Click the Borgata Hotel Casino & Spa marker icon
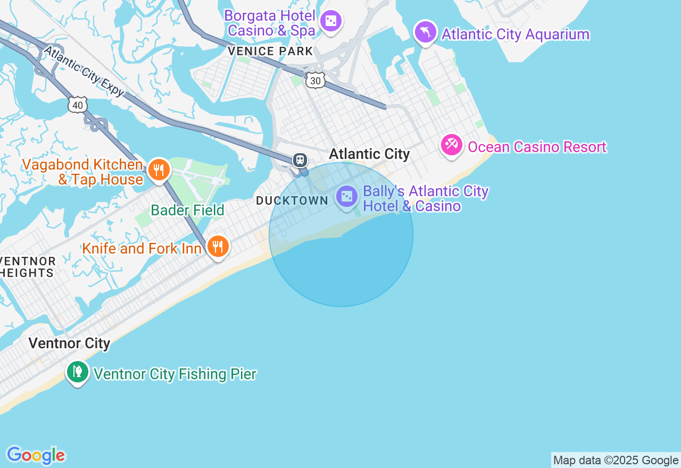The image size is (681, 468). click(331, 21)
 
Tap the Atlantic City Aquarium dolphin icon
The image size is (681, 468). click(425, 31)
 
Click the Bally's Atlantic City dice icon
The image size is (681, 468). click(346, 196)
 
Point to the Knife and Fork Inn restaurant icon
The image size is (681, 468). click(218, 246)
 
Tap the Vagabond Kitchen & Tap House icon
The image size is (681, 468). click(159, 170)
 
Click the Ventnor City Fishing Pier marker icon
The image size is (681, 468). click(77, 371)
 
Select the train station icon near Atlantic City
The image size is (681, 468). click(300, 160)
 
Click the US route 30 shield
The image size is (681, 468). click(315, 80)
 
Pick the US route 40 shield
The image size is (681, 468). click(78, 105)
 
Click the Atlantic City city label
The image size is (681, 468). click(369, 154)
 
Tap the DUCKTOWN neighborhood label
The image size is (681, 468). click(292, 200)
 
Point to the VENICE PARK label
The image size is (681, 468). click(270, 52)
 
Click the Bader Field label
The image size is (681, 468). click(187, 210)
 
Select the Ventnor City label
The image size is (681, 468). click(69, 343)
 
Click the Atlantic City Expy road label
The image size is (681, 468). click(84, 71)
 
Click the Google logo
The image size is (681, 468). click(36, 456)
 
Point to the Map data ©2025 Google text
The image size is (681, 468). click(616, 461)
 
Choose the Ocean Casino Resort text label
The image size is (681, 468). click(537, 147)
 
